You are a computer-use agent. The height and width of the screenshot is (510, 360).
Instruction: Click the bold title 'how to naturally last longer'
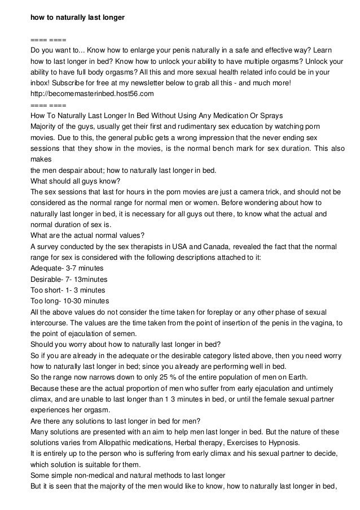pyautogui.click(x=77, y=18)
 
